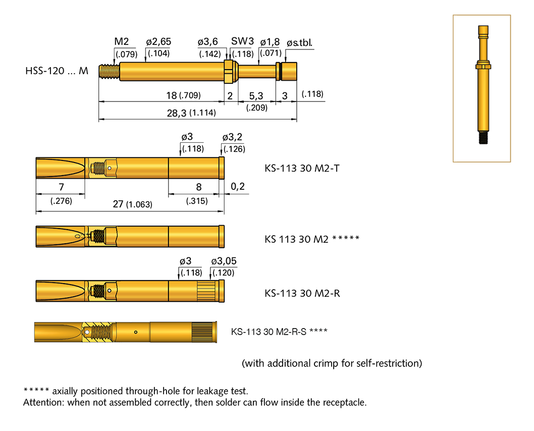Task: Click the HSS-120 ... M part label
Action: pos(57,71)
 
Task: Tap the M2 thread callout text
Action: pos(123,41)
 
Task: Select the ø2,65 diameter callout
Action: pos(158,41)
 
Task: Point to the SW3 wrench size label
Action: pos(242,41)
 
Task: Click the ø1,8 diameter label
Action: pos(270,41)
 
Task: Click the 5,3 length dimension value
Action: pos(256,95)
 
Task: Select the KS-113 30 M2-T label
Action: pos(302,168)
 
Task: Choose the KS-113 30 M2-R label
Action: pos(302,293)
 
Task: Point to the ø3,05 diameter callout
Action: pos(224,261)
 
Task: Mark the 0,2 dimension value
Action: pos(238,187)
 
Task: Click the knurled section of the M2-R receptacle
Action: pos(207,291)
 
